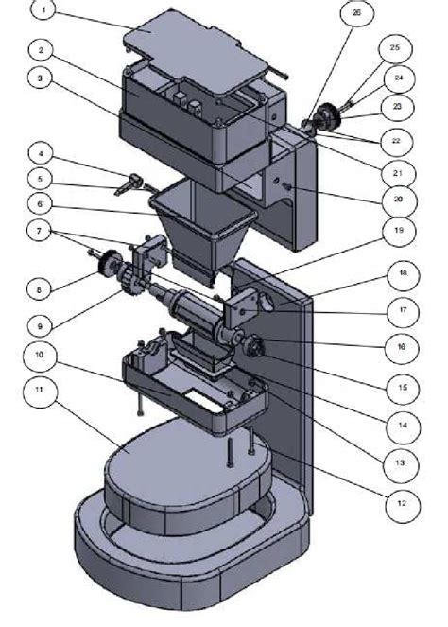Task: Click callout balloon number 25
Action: (394, 48)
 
